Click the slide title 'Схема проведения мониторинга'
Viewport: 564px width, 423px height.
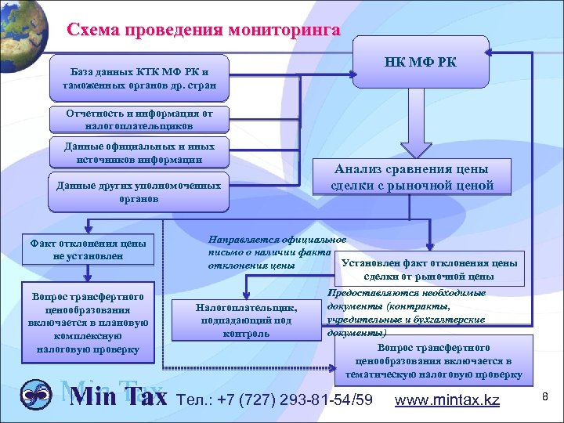click(x=204, y=31)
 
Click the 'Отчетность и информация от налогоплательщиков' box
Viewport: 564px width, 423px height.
click(x=138, y=118)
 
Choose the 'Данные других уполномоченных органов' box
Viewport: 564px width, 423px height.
click(x=138, y=192)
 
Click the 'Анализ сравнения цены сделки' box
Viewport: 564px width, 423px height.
click(x=411, y=177)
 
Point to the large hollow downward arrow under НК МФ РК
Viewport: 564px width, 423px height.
click(x=416, y=139)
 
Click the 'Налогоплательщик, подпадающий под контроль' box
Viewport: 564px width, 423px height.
click(x=247, y=320)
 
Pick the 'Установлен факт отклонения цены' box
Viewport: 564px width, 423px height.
click(x=429, y=269)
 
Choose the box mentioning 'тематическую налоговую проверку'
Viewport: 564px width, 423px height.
click(x=432, y=361)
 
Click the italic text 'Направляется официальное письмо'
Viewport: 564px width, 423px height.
click(x=277, y=251)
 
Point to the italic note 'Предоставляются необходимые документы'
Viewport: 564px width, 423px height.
click(x=406, y=313)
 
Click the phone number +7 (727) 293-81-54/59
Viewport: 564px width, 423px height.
click(x=277, y=400)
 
